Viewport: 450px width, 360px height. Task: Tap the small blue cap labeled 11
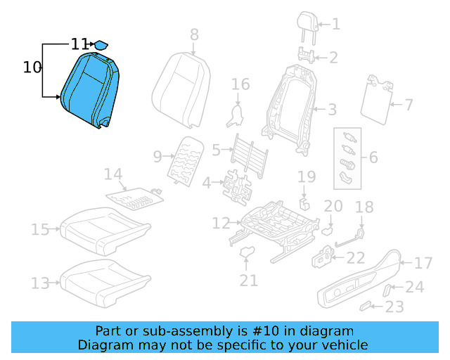pyautogui.click(x=102, y=44)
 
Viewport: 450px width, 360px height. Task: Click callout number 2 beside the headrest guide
pyautogui.click(x=333, y=58)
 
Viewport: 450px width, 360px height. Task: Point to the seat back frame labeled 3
pyautogui.click(x=288, y=105)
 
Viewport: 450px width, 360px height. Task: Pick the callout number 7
pyautogui.click(x=406, y=105)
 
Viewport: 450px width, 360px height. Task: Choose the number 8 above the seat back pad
pyautogui.click(x=194, y=34)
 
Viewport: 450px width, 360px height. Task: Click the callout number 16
pyautogui.click(x=240, y=85)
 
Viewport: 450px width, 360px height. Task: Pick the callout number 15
pyautogui.click(x=40, y=229)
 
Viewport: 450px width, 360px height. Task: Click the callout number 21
pyautogui.click(x=247, y=281)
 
